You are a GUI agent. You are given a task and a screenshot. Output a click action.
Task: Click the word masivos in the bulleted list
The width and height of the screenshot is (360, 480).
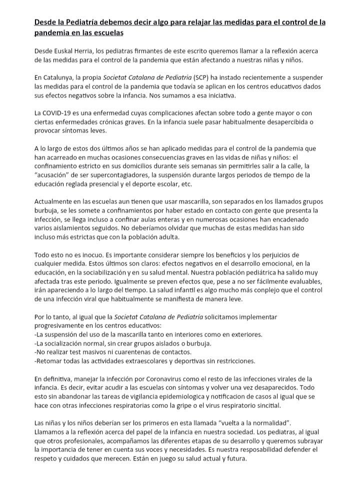point(103,351)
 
